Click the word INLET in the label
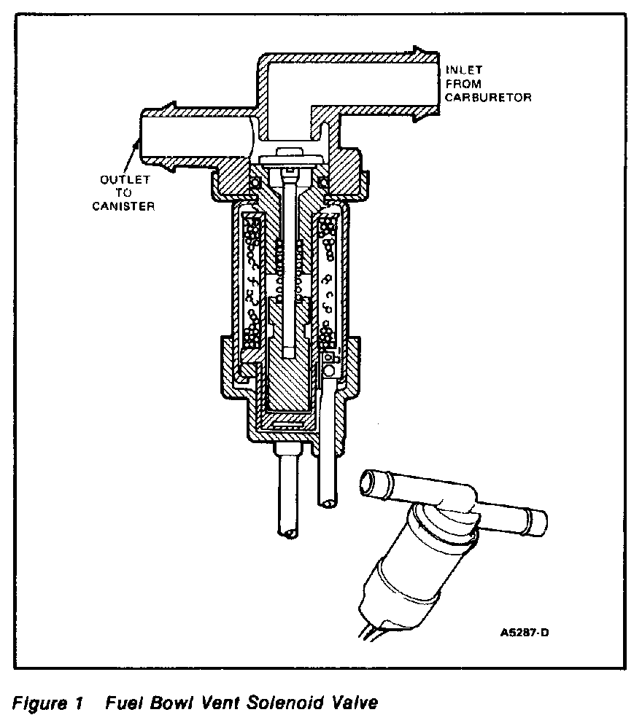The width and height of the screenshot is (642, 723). pos(465,70)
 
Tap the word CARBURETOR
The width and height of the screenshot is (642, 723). pos(490,96)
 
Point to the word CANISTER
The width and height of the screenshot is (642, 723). pos(124,206)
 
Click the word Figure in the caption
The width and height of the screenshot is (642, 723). pos(34,703)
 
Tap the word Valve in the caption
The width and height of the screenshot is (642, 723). pos(354,703)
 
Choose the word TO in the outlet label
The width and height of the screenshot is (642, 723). pos(123,193)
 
